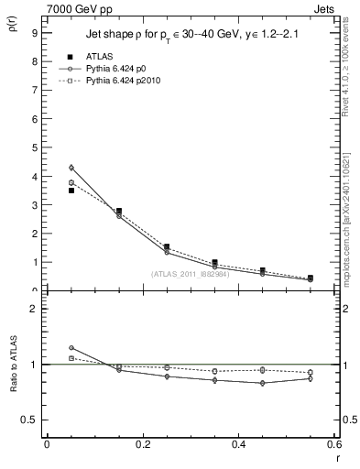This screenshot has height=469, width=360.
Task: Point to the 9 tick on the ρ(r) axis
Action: [x=35, y=32]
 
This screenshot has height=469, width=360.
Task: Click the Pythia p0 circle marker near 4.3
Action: [x=71, y=168]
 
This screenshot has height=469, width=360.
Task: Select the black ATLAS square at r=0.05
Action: [x=71, y=191]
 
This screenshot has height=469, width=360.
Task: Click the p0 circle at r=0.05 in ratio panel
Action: [x=71, y=348]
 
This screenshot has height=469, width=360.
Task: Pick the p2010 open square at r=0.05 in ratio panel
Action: [x=71, y=358]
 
